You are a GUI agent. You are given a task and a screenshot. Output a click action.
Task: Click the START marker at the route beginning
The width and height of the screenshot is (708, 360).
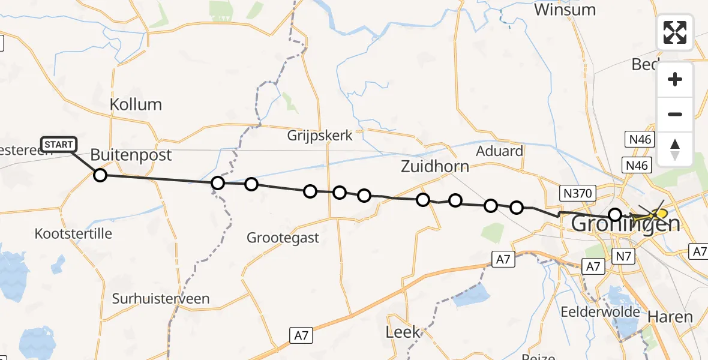pyautogui.click(x=59, y=144)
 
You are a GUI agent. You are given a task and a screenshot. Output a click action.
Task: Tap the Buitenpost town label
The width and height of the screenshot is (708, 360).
pyautogui.click(x=131, y=155)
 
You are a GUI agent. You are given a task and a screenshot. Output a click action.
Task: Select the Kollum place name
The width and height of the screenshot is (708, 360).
pyautogui.click(x=136, y=104)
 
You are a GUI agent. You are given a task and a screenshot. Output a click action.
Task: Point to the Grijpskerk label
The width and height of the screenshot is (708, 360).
pyautogui.click(x=320, y=135)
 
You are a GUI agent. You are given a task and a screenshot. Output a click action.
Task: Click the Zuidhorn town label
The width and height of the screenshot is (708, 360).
pyautogui.click(x=435, y=166)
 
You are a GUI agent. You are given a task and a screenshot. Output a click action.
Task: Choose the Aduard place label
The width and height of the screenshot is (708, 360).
pyautogui.click(x=499, y=151)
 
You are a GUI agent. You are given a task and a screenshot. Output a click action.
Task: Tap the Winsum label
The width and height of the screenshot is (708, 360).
pyautogui.click(x=565, y=10)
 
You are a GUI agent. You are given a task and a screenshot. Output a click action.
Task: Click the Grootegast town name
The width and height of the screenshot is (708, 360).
pyautogui.click(x=283, y=238)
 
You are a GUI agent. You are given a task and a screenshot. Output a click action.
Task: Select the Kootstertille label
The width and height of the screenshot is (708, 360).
pyautogui.click(x=73, y=233)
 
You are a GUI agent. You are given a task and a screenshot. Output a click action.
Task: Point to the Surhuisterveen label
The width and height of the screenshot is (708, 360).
pyautogui.click(x=161, y=298)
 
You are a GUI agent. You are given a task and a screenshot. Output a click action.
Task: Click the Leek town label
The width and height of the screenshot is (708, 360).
pyautogui.click(x=403, y=332)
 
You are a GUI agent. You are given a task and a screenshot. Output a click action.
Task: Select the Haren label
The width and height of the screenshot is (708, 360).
pyautogui.click(x=670, y=317)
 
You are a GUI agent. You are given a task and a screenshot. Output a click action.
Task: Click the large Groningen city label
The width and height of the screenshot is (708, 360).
pyautogui.click(x=626, y=224)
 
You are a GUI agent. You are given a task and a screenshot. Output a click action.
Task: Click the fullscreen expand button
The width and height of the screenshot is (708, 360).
pyautogui.click(x=675, y=32)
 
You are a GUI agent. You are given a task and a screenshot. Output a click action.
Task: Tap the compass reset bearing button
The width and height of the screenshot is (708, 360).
pyautogui.click(x=675, y=149)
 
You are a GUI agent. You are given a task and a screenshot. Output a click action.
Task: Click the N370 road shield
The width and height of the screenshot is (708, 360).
pyautogui.click(x=577, y=193)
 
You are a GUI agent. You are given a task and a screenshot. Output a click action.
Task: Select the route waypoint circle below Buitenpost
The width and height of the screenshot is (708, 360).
pyautogui.click(x=100, y=175)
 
